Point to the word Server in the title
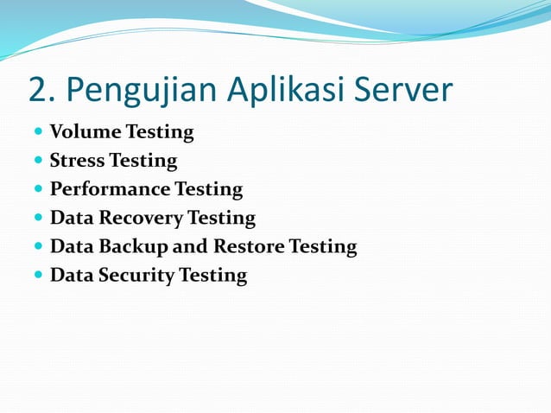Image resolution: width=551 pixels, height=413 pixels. (406, 90)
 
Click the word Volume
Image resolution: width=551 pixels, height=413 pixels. (85, 132)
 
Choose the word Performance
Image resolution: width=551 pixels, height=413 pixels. (110, 189)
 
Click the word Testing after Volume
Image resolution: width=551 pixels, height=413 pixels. (160, 133)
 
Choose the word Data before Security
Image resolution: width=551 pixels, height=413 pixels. (71, 276)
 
